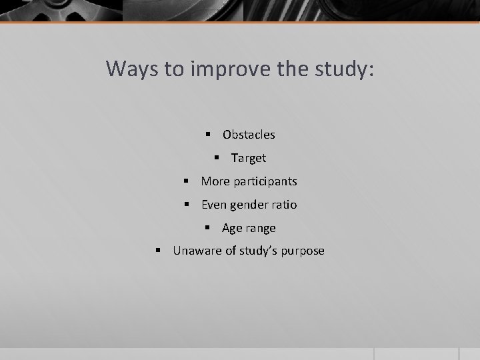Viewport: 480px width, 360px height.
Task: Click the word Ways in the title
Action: point(131,69)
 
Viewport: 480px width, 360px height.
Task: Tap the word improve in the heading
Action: point(224,69)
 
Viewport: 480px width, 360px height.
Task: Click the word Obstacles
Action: point(249,135)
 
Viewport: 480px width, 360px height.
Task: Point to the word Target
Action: point(248,158)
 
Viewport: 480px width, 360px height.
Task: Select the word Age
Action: point(232,228)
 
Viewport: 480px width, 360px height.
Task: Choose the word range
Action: point(261,228)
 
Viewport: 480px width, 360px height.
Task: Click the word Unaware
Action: point(195,251)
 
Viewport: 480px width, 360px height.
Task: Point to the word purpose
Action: point(304,251)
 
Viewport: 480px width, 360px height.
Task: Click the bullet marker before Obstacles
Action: point(209,135)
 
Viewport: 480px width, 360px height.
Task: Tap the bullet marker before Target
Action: point(217,158)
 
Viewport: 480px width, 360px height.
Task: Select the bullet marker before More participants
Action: point(187,181)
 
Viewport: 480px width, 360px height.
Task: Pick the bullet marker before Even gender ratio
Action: point(187,205)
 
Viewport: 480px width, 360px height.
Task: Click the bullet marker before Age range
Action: point(209,228)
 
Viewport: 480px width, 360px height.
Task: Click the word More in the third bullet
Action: point(213,181)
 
